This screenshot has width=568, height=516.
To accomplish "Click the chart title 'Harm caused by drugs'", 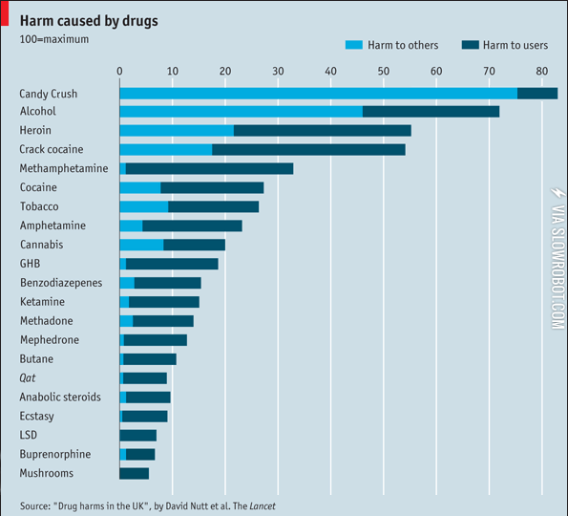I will click(91, 20).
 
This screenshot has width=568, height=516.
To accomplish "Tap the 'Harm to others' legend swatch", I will click(353, 45).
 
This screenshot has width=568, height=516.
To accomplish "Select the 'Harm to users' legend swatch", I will click(469, 45).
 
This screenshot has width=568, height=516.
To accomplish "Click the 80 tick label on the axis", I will click(541, 71).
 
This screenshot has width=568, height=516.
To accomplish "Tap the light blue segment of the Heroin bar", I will click(176, 130).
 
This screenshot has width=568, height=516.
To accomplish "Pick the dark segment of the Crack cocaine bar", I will click(308, 149).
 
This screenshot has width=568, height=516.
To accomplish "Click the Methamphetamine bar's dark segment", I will click(209, 168).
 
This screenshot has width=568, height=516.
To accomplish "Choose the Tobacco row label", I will click(39, 206).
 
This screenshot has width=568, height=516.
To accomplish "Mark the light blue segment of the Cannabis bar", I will click(140, 245).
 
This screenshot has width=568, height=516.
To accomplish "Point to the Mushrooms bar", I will click(134, 473).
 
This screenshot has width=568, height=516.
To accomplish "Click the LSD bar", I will click(137, 435).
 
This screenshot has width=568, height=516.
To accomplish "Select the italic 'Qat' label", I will click(29, 377).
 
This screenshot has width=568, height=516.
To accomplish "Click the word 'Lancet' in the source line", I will click(271, 505).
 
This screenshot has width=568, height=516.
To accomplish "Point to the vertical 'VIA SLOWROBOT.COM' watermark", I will click(557, 258).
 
